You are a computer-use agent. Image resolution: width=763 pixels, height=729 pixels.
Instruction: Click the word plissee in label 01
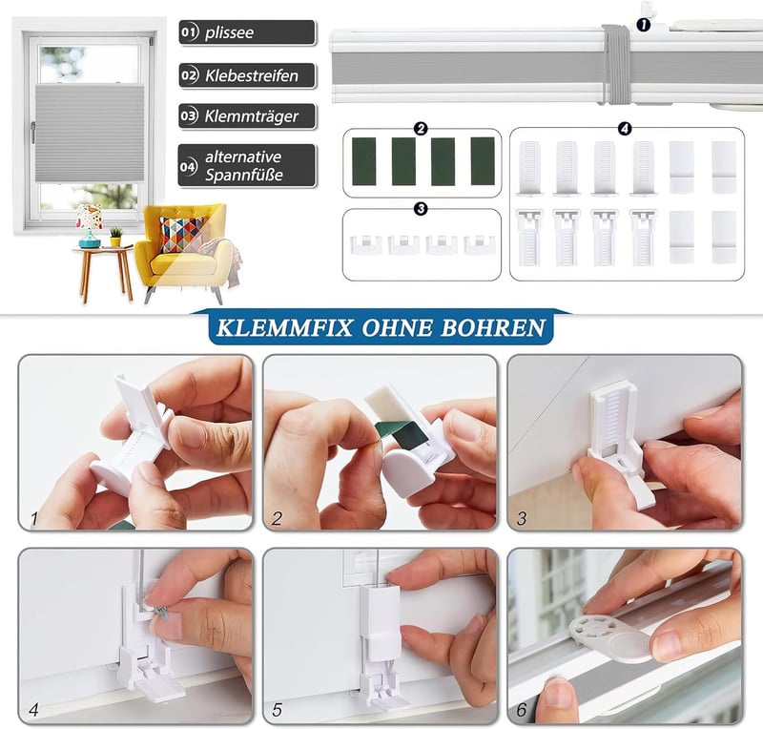click(x=229, y=32)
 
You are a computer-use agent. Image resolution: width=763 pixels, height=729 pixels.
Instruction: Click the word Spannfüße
click(x=244, y=175)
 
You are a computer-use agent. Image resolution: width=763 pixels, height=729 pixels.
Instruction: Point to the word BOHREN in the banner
click(x=493, y=327)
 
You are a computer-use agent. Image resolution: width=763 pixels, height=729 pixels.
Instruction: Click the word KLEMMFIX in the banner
click(x=284, y=327)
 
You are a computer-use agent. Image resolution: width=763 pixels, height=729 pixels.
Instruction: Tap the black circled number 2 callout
click(x=421, y=129)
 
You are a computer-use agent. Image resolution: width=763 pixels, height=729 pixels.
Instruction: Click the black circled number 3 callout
click(x=421, y=209)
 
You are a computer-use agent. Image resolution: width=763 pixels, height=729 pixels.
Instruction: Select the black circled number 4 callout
click(x=625, y=129)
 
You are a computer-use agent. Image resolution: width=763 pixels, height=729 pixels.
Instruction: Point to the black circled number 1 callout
click(x=643, y=25)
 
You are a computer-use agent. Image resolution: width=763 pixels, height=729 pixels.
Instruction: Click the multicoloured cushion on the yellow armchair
click(x=181, y=234)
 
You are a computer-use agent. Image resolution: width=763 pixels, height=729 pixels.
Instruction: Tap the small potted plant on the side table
click(x=115, y=237)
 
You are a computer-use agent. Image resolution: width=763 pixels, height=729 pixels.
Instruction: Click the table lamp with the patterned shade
click(x=90, y=226)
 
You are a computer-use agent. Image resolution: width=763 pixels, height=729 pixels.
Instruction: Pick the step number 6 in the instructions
click(x=522, y=710)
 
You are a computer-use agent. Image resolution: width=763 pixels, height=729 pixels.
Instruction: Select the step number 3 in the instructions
click(x=522, y=518)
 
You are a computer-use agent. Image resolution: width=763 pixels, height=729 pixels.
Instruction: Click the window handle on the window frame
click(x=33, y=133)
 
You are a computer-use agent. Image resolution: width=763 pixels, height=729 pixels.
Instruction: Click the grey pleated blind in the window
click(x=91, y=133)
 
